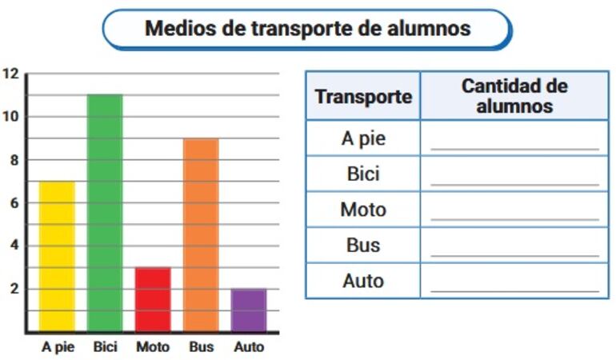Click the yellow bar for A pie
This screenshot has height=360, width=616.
[57, 256]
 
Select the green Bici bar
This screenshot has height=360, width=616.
[105, 213]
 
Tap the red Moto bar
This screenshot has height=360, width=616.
[153, 299]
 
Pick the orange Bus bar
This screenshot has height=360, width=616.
[201, 234]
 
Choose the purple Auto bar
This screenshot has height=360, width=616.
[249, 310]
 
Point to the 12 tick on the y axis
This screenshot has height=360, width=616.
[10, 74]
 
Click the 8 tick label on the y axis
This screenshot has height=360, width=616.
[10, 160]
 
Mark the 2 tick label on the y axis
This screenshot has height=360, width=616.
[14, 289]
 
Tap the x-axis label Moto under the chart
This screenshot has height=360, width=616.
[153, 347]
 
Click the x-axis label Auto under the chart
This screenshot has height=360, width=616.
[249, 347]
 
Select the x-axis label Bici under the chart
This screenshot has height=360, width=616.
[105, 347]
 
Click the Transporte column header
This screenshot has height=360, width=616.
[363, 97]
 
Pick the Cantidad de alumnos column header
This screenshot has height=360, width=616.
[514, 96]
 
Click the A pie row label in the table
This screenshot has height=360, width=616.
[363, 138]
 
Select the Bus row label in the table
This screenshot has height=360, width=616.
[363, 246]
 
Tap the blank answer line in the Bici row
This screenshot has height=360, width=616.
[514, 184]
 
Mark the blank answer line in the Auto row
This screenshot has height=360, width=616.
[514, 290]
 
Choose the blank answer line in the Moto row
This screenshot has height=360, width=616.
[514, 219]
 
